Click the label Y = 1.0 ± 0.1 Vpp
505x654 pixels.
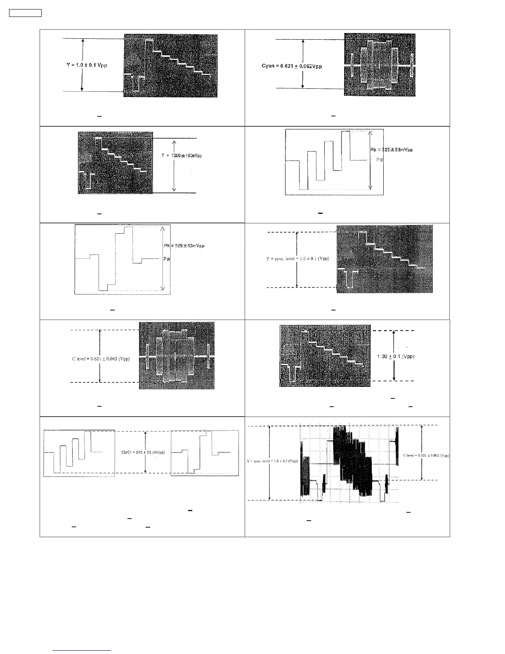(87, 66)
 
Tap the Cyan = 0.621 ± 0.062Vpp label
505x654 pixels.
(292, 66)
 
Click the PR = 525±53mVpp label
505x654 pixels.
(184, 246)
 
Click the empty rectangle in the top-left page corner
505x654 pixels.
(25, 13)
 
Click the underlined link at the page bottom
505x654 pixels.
(82, 650)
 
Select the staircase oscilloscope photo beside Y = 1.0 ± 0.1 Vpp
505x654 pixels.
(170, 66)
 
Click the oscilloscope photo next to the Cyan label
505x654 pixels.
(380, 65)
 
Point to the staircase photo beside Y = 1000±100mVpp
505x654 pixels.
(115, 163)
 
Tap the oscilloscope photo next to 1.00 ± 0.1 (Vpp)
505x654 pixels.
(325, 356)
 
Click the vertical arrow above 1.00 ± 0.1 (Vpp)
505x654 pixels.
(394, 341)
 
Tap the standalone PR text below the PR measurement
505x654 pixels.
(167, 259)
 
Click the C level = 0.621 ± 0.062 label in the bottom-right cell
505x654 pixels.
(426, 455)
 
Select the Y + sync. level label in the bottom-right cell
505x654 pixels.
(272, 461)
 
